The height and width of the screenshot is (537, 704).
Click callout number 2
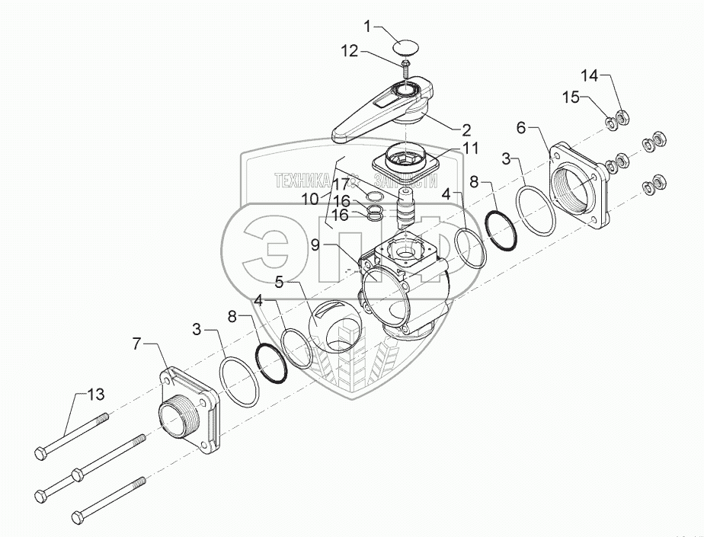tap(466, 129)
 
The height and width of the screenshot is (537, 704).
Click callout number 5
tap(280, 283)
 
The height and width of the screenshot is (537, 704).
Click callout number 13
tap(95, 395)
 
